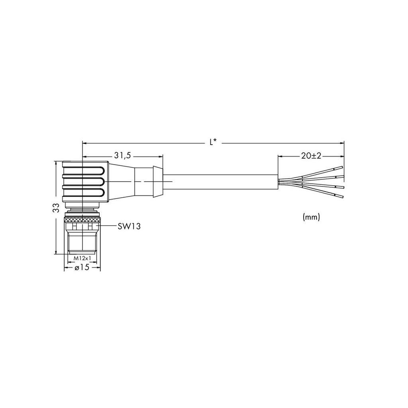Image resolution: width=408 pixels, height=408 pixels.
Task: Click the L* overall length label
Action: coord(213,142)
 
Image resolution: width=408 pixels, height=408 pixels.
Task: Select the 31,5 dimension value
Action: coord(122,156)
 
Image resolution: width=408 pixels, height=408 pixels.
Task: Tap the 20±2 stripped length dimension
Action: coord(311,156)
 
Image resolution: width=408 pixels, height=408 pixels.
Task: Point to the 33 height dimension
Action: coord(56,208)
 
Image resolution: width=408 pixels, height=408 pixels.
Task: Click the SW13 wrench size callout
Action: coord(129,226)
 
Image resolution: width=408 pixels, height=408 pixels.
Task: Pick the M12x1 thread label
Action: coord(82,258)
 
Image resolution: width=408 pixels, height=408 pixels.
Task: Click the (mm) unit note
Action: coord(311,217)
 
